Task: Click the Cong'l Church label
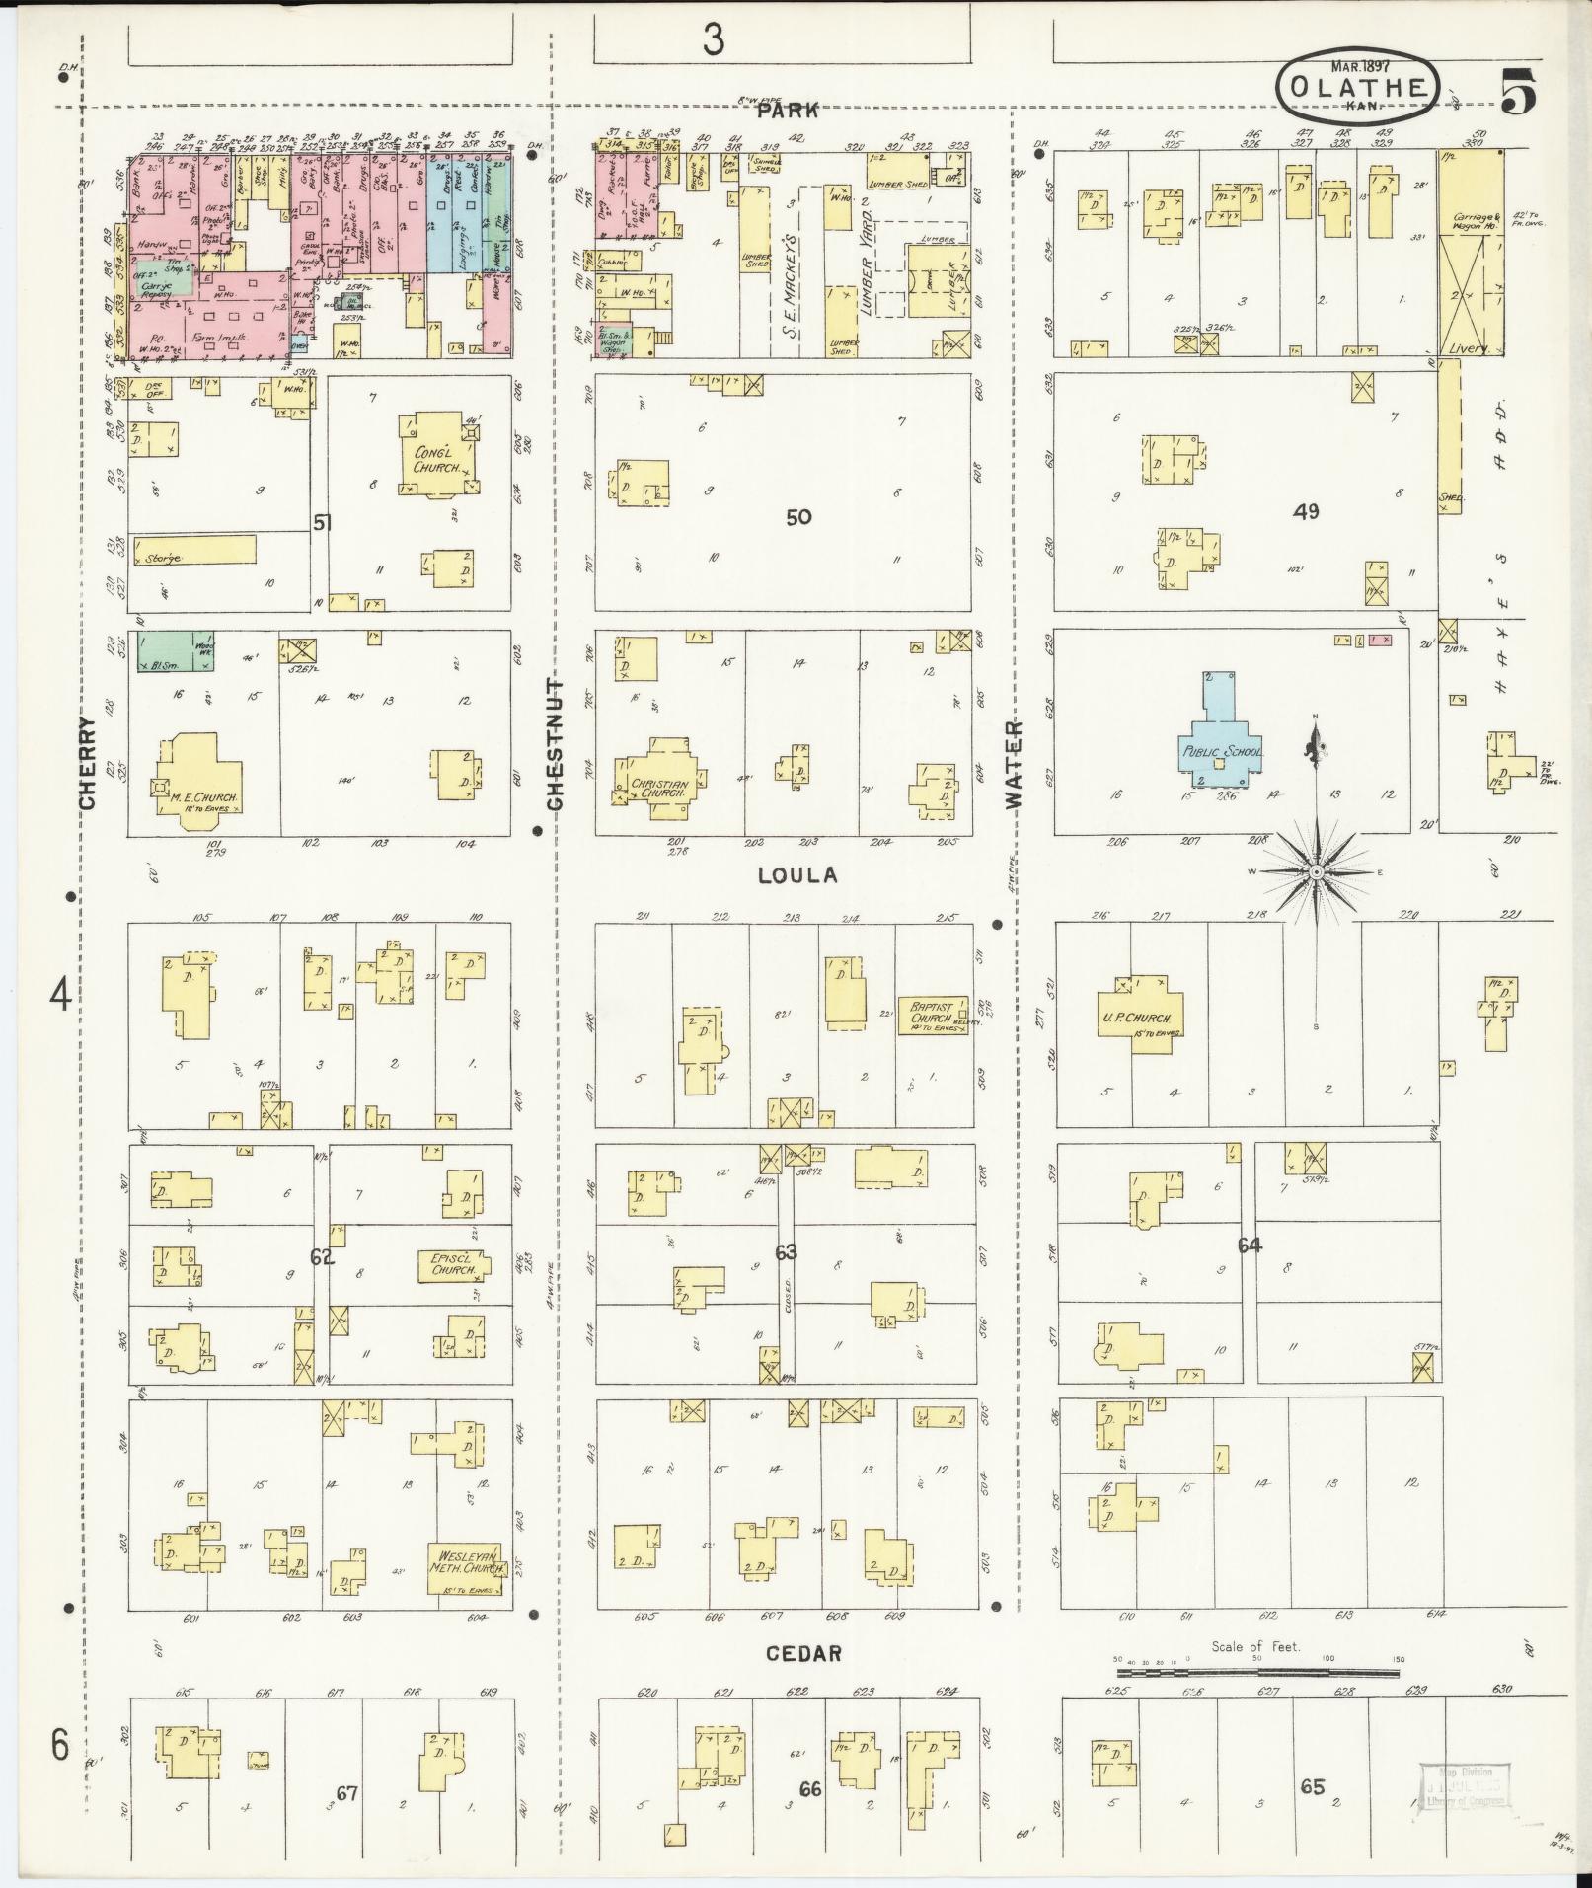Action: pos(437,460)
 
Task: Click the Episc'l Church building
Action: pos(452,1265)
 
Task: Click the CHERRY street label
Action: pos(89,763)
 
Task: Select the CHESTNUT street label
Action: pos(555,745)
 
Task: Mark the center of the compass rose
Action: pos(1316,873)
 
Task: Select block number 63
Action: pos(786,1252)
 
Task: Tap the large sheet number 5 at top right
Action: pos(1519,94)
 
